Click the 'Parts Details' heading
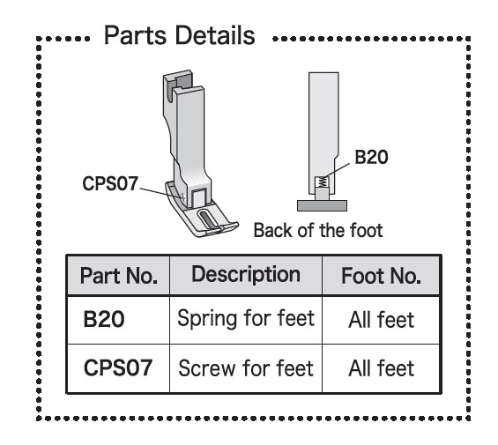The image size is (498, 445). coord(180,35)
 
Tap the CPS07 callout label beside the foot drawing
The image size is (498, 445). coord(110,183)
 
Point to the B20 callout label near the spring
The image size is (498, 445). coord(371,157)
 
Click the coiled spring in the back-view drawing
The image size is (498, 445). coord(322,182)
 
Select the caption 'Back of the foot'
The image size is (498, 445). coord(318,230)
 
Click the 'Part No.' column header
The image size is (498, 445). coord(118,276)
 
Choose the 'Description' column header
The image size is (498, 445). coord(246,275)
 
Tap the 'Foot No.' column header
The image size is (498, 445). coord(381,276)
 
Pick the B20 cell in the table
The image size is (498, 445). coord(103,319)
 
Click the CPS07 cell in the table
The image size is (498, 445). coord(118,367)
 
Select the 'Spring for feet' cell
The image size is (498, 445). coord(246,319)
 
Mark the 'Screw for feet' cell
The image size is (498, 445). coord(246,368)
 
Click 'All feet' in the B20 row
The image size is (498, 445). coord(381,320)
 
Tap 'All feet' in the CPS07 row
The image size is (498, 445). coord(381,368)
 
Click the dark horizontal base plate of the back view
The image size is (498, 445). coord(322,205)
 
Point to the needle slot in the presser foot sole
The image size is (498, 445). coord(207,219)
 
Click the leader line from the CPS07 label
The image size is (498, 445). coord(161,193)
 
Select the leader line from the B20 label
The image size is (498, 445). coord(337,171)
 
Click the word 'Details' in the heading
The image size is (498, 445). coord(215,35)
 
